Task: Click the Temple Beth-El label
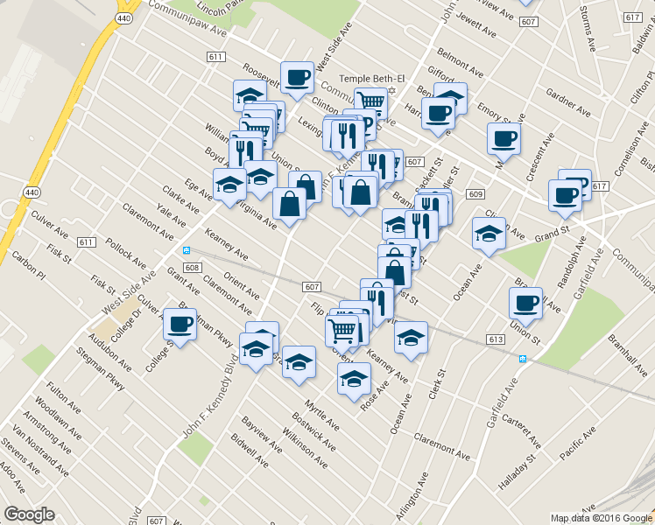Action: [356, 78]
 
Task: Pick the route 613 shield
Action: [497, 339]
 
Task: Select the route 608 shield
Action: [194, 267]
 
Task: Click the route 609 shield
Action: [475, 193]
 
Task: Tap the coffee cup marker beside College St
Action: [180, 325]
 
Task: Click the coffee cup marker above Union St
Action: [525, 303]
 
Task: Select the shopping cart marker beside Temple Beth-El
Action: [371, 102]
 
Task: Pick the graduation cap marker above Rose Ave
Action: [354, 379]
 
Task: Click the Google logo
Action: [29, 514]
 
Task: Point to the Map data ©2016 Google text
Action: [600, 518]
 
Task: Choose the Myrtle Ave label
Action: [320, 419]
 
